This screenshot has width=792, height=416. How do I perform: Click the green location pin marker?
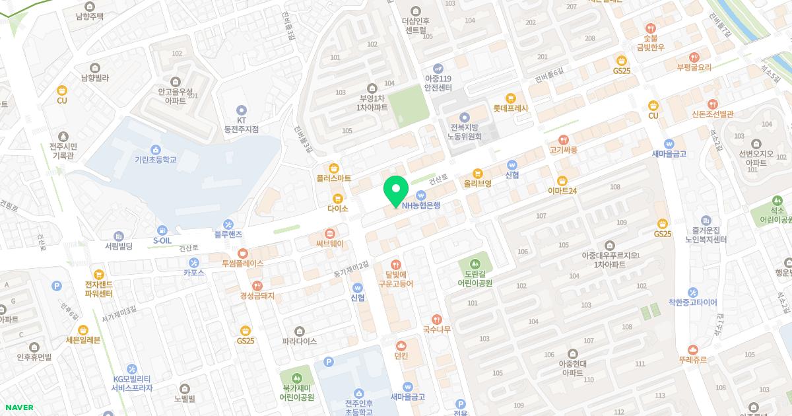click(x=395, y=191)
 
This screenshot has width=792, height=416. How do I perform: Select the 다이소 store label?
click(x=337, y=208)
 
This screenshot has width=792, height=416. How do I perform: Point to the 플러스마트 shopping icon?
click(x=333, y=168)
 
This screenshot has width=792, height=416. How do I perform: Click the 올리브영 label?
click(x=477, y=184)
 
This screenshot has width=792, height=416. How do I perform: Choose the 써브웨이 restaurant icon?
click(x=330, y=234)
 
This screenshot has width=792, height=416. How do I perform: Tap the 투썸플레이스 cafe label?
click(x=242, y=263)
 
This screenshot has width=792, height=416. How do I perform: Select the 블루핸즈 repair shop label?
click(x=228, y=234)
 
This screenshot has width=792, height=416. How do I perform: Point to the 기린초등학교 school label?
click(x=155, y=159)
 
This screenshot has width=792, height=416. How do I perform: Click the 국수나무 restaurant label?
click(x=436, y=329)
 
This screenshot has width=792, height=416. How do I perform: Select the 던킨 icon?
click(x=401, y=345)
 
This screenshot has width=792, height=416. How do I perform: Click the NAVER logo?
click(x=17, y=407)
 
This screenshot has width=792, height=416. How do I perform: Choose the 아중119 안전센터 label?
click(x=438, y=83)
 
